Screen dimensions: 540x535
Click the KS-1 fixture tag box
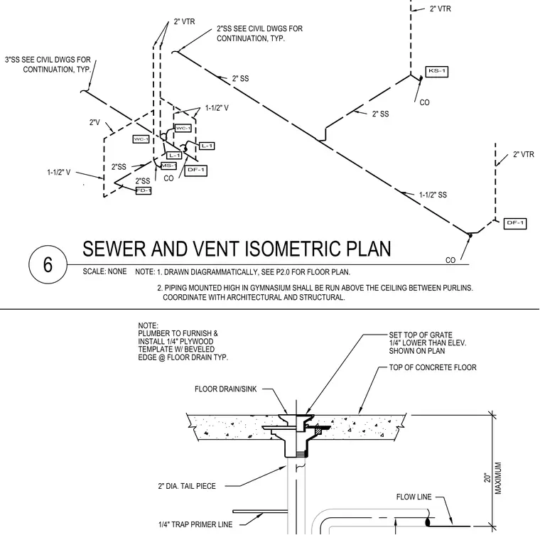(437, 71)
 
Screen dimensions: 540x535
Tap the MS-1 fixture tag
(168, 166)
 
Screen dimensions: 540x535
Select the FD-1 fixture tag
(144, 190)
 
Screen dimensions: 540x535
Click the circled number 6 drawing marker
(48, 264)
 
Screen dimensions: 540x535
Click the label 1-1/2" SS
(433, 195)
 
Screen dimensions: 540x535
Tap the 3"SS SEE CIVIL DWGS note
(48, 65)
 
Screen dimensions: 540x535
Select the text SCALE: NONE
(104, 271)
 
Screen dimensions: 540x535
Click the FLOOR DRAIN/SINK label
(225, 389)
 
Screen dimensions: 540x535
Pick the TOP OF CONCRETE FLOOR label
(433, 367)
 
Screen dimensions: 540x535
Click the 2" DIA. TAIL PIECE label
(187, 486)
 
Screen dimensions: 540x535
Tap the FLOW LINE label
(414, 497)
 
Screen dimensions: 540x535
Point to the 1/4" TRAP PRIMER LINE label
(195, 524)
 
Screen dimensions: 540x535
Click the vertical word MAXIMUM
(498, 478)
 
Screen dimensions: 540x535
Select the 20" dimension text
(487, 477)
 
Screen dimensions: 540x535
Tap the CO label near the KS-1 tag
(424, 102)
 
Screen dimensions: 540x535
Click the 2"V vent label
(94, 122)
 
